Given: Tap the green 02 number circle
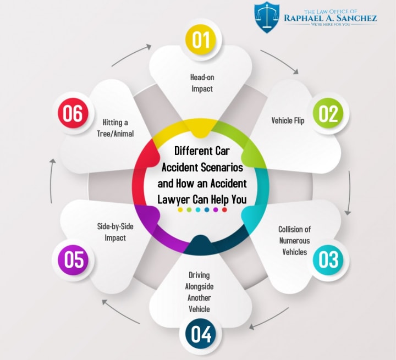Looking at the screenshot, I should point(328,114).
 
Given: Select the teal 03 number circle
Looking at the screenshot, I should point(328,259).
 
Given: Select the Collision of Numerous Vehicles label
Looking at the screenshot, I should point(294,241).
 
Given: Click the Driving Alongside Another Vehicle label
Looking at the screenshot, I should point(200,292).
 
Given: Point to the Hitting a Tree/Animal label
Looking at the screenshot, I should point(118,128).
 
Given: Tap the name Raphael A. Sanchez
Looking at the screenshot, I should point(330,18).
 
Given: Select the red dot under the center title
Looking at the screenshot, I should point(224,210).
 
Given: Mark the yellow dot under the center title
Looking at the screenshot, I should point(180,210).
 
